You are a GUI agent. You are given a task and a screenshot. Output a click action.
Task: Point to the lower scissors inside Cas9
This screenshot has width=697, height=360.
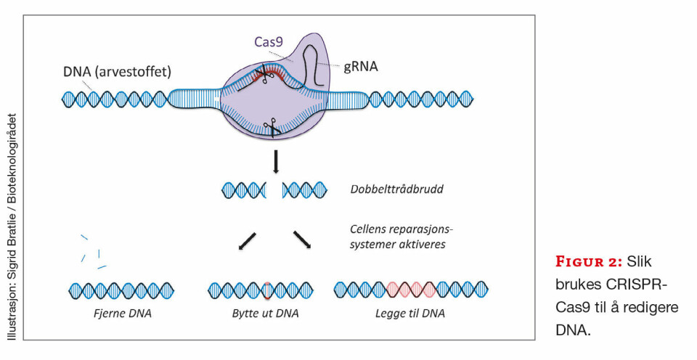click(x=273, y=128)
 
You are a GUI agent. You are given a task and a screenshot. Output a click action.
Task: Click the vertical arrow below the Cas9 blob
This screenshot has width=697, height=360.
click(x=276, y=162)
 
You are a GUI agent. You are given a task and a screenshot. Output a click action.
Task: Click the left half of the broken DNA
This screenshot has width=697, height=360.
click(x=244, y=191)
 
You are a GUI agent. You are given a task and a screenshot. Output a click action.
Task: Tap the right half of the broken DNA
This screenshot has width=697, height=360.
click(x=305, y=191)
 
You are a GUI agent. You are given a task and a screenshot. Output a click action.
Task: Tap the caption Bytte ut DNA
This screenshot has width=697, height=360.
click(x=264, y=314)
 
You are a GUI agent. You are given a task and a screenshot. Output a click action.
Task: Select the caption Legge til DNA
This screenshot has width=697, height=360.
click(x=410, y=314)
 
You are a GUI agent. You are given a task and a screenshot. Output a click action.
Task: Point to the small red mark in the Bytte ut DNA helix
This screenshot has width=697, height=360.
click(x=266, y=290)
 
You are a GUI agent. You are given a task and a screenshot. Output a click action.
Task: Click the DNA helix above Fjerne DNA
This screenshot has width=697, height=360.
click(x=121, y=290)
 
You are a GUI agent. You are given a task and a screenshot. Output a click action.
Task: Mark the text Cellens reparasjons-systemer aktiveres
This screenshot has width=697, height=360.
click(x=397, y=237)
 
